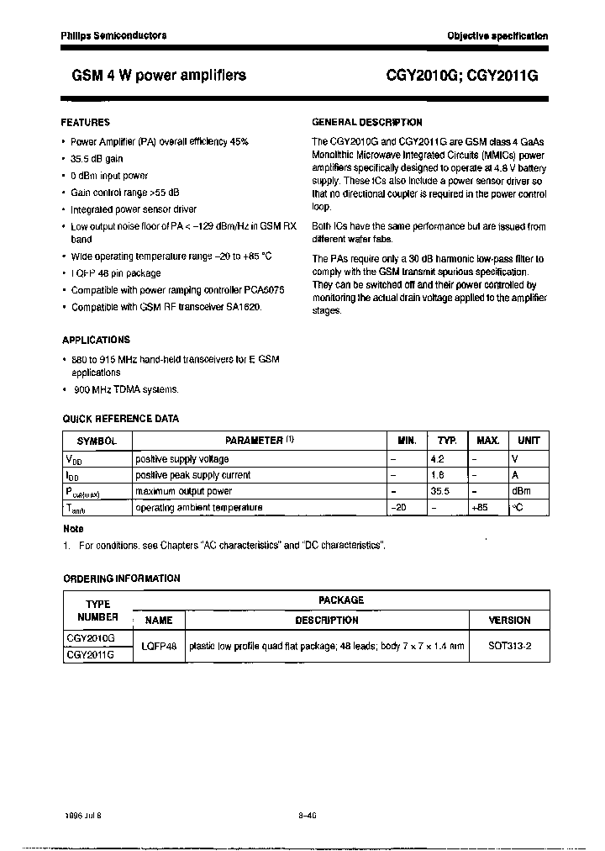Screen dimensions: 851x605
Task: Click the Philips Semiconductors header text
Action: click(113, 35)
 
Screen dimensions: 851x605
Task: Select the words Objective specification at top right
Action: click(497, 36)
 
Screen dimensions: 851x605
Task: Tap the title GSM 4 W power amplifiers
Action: click(153, 75)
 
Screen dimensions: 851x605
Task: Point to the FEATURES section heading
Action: click(86, 122)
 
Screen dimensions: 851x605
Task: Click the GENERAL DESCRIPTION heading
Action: click(366, 122)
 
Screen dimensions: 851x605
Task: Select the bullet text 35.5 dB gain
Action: click(97, 159)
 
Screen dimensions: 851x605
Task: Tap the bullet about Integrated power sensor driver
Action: click(134, 209)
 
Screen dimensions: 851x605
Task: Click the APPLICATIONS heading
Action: click(96, 340)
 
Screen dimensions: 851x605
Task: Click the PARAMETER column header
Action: click(259, 440)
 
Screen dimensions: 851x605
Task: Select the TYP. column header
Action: click(447, 441)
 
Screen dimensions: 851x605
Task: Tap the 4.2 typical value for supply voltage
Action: click(437, 459)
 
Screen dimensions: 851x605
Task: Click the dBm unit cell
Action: click(523, 491)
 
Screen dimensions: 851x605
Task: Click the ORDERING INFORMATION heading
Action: click(121, 579)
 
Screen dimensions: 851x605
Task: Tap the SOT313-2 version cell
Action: click(509, 646)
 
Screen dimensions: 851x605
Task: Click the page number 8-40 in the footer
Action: click(307, 815)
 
